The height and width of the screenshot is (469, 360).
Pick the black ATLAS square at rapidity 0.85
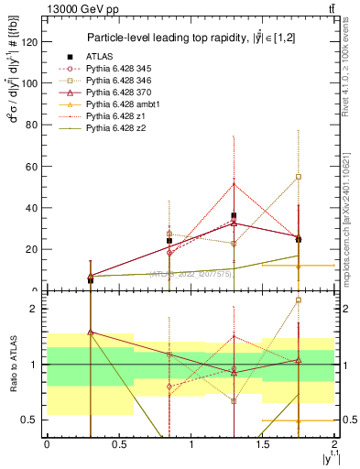[169, 241]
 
